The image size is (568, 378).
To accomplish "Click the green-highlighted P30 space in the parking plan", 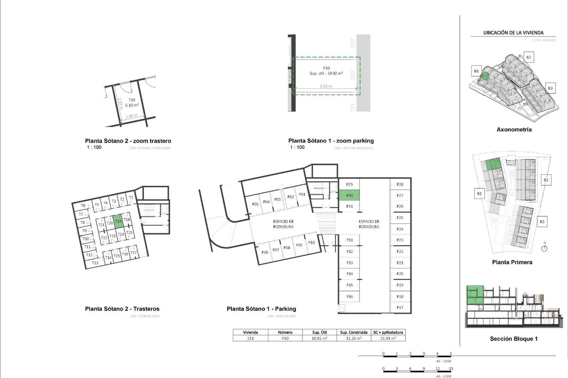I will click(350, 196).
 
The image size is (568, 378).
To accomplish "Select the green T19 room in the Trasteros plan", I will click(118, 221).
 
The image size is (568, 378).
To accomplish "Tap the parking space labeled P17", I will click(400, 308).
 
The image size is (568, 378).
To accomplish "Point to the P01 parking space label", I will click(302, 194).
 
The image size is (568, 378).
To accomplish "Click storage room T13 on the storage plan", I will click(95, 262).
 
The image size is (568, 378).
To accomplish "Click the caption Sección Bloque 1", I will click(514, 338).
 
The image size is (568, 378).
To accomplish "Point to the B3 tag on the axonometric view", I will click(550, 88).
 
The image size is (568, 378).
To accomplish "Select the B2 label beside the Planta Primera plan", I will click(546, 180).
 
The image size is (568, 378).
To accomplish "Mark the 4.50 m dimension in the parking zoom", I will click(326, 86).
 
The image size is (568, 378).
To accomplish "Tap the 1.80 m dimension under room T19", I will click(132, 116).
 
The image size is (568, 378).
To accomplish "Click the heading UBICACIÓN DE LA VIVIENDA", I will click(513, 33).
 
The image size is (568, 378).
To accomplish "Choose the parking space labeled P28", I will click(400, 184).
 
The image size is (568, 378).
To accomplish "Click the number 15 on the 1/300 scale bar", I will click(451, 369).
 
